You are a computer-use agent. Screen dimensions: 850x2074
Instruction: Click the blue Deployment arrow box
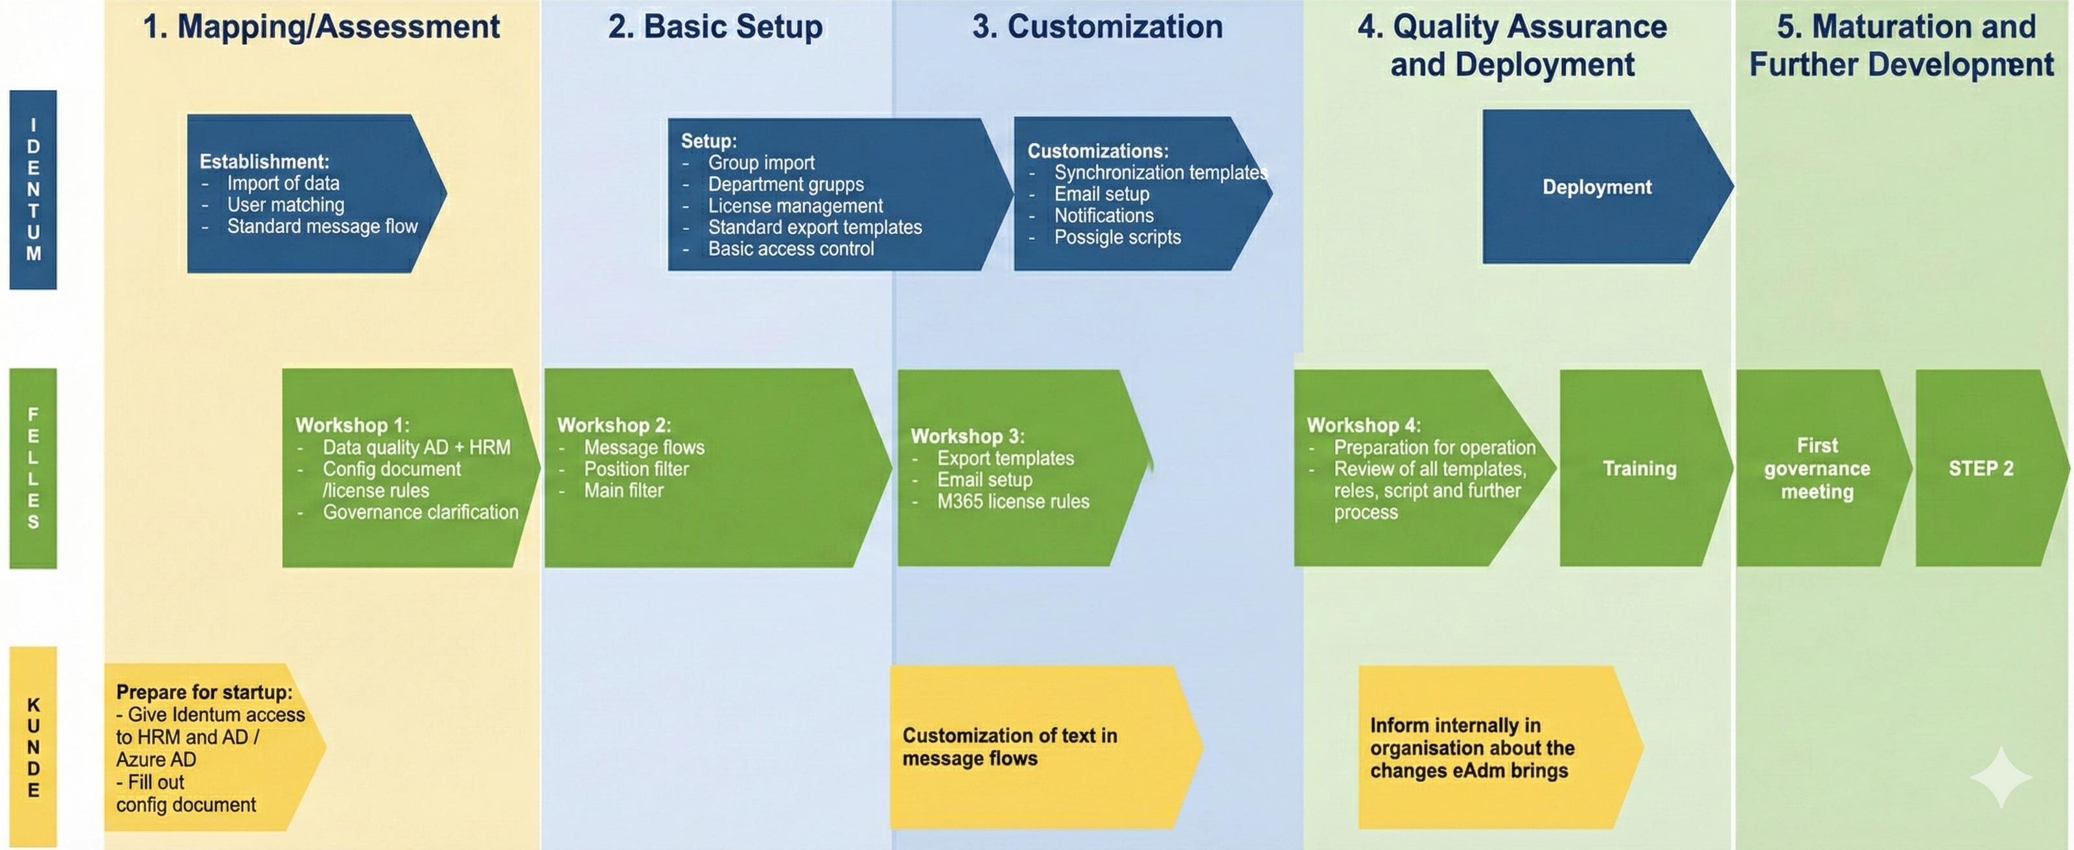coord(1596,187)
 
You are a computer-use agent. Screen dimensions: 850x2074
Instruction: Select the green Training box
coord(1639,468)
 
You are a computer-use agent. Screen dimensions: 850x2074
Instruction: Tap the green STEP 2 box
coord(1981,468)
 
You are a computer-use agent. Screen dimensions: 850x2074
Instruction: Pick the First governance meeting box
coord(1817,468)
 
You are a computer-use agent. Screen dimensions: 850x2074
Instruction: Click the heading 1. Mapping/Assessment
coord(321,27)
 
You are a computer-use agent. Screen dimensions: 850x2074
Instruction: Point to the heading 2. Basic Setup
coord(715,27)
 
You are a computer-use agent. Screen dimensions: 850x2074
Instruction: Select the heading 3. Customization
coord(1097,27)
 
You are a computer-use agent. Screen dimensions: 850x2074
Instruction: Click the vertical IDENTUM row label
coord(33,189)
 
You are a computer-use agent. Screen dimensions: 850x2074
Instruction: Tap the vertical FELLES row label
coord(33,468)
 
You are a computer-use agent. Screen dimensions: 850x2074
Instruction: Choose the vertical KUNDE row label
coord(33,746)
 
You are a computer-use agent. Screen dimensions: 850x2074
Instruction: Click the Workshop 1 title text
coord(353,425)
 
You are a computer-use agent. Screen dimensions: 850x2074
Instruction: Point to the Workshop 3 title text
coord(967,436)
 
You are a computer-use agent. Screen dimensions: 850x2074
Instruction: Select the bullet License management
coord(795,206)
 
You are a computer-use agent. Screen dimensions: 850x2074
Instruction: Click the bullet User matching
coord(285,205)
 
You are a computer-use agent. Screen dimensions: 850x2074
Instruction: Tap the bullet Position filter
coord(636,468)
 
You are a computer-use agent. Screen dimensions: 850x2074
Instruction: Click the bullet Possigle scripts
coord(1117,238)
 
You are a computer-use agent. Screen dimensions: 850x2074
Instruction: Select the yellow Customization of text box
coord(1038,746)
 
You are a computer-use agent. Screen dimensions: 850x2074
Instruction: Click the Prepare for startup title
coord(204,692)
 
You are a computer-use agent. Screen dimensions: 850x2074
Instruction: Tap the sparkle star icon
coord(2001,777)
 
